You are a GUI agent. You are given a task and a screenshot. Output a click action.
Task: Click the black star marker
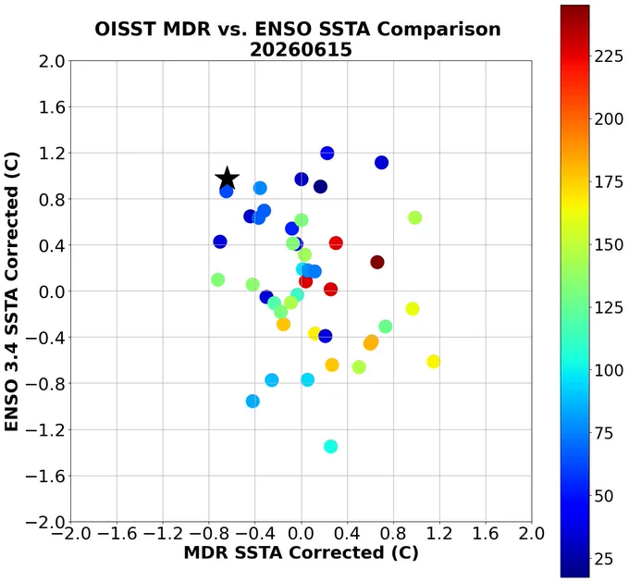(x=227, y=179)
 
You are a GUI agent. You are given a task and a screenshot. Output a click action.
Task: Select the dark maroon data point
(x=377, y=262)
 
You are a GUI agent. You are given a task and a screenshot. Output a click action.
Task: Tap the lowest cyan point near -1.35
(x=330, y=446)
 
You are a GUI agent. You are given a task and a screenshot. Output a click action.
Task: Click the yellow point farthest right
(x=433, y=361)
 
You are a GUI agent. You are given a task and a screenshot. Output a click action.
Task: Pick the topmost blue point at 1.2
(x=327, y=153)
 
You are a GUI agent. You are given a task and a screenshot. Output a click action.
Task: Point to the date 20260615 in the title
(x=301, y=50)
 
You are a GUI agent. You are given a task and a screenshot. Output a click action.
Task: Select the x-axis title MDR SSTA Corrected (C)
(x=302, y=552)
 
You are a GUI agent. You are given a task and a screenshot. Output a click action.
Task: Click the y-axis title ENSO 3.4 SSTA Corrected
(x=11, y=291)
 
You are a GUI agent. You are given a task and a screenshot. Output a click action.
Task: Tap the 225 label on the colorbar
(x=609, y=56)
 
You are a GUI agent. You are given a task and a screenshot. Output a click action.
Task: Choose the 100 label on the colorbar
(x=609, y=370)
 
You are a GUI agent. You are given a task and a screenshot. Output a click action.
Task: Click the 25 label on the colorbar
(x=604, y=558)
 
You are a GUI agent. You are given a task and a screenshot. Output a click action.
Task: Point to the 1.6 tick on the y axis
(x=52, y=107)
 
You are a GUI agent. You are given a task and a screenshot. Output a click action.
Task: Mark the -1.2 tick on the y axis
(x=45, y=430)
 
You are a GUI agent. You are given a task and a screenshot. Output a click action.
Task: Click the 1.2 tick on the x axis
(x=439, y=534)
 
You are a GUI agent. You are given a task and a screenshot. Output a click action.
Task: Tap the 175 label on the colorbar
(x=609, y=182)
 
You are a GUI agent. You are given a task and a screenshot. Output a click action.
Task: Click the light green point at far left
(x=217, y=279)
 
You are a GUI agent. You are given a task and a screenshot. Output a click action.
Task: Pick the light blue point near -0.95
(x=253, y=401)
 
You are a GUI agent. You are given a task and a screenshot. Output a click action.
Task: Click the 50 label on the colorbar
(x=604, y=496)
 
